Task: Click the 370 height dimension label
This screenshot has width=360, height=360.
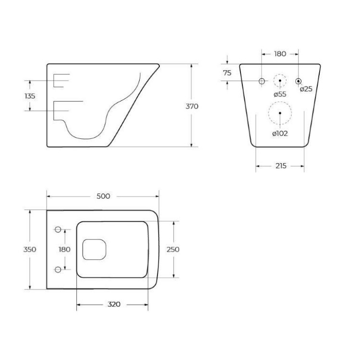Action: [192, 106]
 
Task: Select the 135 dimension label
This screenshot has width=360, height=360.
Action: [30, 96]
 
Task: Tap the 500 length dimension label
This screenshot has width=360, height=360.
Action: [103, 196]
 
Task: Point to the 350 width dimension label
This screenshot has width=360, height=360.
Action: [30, 249]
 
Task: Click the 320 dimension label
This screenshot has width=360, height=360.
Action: [114, 304]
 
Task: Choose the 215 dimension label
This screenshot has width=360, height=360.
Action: [281, 166]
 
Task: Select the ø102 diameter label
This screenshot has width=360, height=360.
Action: [280, 133]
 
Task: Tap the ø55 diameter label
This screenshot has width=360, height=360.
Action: [280, 94]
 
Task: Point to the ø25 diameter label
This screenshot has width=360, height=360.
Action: [306, 89]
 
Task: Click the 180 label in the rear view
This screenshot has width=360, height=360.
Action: [280, 54]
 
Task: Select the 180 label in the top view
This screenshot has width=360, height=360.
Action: [64, 249]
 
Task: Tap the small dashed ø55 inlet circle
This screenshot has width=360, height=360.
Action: [280, 81]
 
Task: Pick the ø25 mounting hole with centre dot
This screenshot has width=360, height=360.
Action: [298, 81]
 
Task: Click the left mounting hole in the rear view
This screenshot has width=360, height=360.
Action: [262, 81]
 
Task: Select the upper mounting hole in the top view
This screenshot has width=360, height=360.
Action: [59, 230]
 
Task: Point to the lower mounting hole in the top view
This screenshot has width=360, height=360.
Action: [59, 269]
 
